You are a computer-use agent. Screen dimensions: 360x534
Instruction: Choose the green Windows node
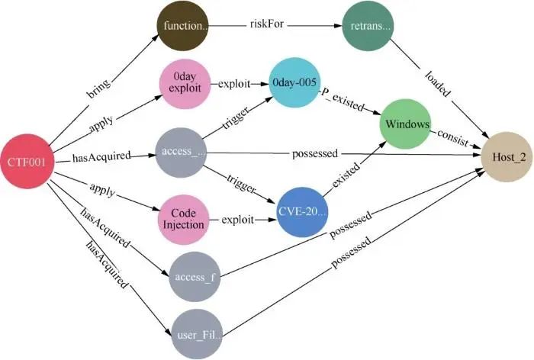pos(407,123)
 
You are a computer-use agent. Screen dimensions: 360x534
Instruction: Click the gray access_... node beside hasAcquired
pos(183,153)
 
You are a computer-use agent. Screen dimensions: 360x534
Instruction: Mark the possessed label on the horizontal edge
pos(314,153)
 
